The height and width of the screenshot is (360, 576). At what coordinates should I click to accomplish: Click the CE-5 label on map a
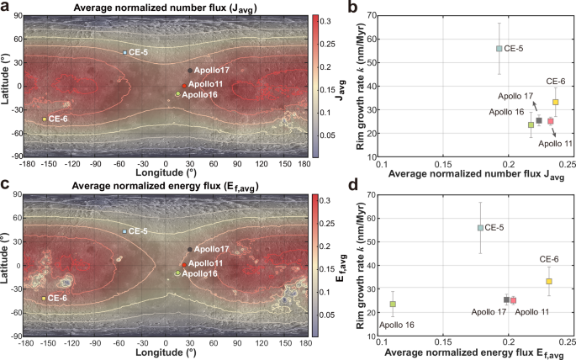(x=139, y=52)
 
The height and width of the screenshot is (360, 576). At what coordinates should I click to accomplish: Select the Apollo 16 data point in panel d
(x=392, y=304)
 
